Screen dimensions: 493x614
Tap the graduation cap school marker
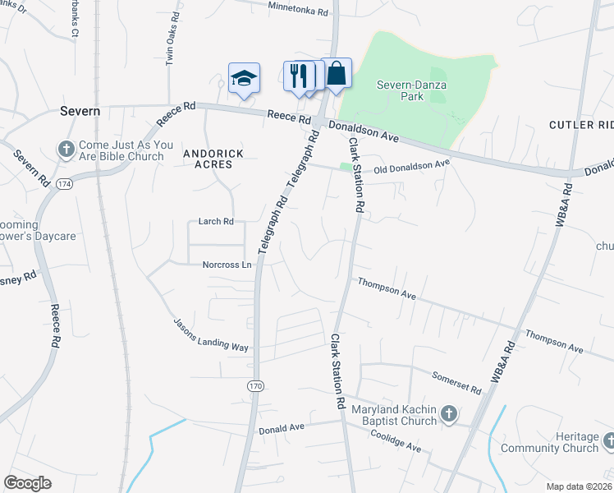point(244,79)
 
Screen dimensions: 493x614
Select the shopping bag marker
point(337,74)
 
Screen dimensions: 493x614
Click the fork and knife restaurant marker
point(299,76)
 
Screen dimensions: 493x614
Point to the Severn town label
point(80,111)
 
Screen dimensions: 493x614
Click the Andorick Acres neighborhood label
point(208,159)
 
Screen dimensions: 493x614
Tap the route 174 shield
point(64,184)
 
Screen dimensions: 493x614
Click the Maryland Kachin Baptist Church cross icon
point(448,415)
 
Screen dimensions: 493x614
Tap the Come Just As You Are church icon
point(66,150)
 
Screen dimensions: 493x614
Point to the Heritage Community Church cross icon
point(608,441)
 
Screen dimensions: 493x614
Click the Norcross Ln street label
point(227,265)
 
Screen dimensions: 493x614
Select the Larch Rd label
point(217,221)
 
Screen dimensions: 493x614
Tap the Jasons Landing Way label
point(211,334)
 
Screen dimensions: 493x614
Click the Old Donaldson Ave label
point(412,167)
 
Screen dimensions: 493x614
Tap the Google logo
point(27,483)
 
